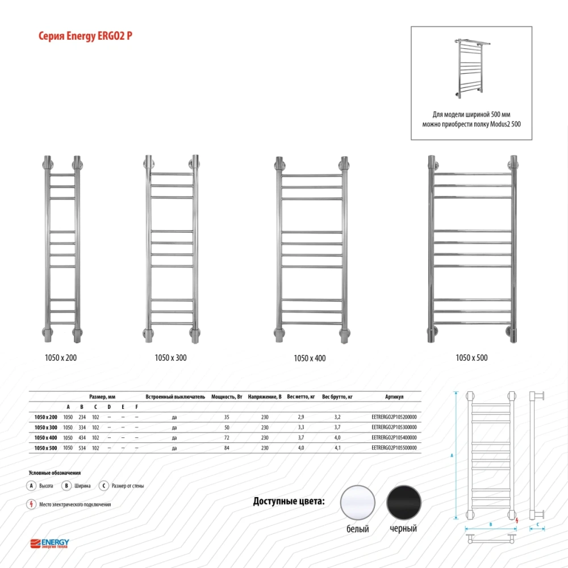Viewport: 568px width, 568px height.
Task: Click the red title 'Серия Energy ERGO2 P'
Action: pyautogui.click(x=85, y=36)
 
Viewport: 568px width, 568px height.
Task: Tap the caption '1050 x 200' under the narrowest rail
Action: pyautogui.click(x=61, y=357)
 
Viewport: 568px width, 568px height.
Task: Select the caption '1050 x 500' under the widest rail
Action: pyautogui.click(x=471, y=357)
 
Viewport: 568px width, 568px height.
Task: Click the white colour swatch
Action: pyautogui.click(x=357, y=503)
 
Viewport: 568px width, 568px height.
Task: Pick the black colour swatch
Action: pyautogui.click(x=403, y=503)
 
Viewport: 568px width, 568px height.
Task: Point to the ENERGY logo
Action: pyautogui.click(x=49, y=544)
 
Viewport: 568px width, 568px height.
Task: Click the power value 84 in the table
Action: pyautogui.click(x=227, y=448)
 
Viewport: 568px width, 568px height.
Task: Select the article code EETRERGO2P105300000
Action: pyautogui.click(x=394, y=427)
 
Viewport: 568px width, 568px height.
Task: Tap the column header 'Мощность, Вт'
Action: pyautogui.click(x=227, y=396)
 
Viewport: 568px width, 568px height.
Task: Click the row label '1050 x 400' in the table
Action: pyautogui.click(x=45, y=437)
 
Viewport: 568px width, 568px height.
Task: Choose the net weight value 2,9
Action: pyautogui.click(x=301, y=417)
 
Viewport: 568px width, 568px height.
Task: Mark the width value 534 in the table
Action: pyautogui.click(x=82, y=448)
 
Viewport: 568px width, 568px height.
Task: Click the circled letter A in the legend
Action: pyautogui.click(x=31, y=486)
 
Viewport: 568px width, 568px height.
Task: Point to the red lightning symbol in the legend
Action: pyautogui.click(x=31, y=504)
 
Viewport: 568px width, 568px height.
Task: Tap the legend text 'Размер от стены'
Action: pyautogui.click(x=127, y=486)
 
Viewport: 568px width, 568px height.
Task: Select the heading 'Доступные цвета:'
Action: pyautogui.click(x=289, y=501)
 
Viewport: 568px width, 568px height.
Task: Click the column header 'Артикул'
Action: pyautogui.click(x=394, y=396)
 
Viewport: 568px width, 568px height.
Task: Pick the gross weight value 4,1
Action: pyautogui.click(x=337, y=448)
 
